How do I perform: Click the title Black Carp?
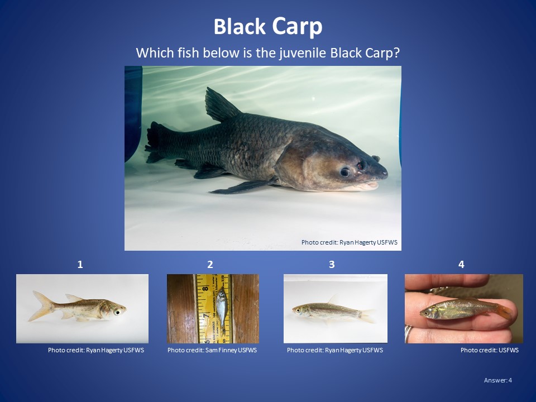tap(268, 27)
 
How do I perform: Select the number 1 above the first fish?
tap(80, 265)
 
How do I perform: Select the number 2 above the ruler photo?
tap(210, 265)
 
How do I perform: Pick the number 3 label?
tap(332, 265)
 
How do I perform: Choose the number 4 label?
tap(461, 265)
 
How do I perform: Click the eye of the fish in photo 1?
tap(118, 312)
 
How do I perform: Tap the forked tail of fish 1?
tap(41, 305)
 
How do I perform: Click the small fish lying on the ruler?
tap(222, 309)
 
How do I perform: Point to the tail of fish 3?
tap(368, 317)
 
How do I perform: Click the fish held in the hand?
tap(461, 308)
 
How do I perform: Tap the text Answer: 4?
tap(497, 380)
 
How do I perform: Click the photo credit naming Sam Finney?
tap(212, 350)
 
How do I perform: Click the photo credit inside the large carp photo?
tap(350, 242)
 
